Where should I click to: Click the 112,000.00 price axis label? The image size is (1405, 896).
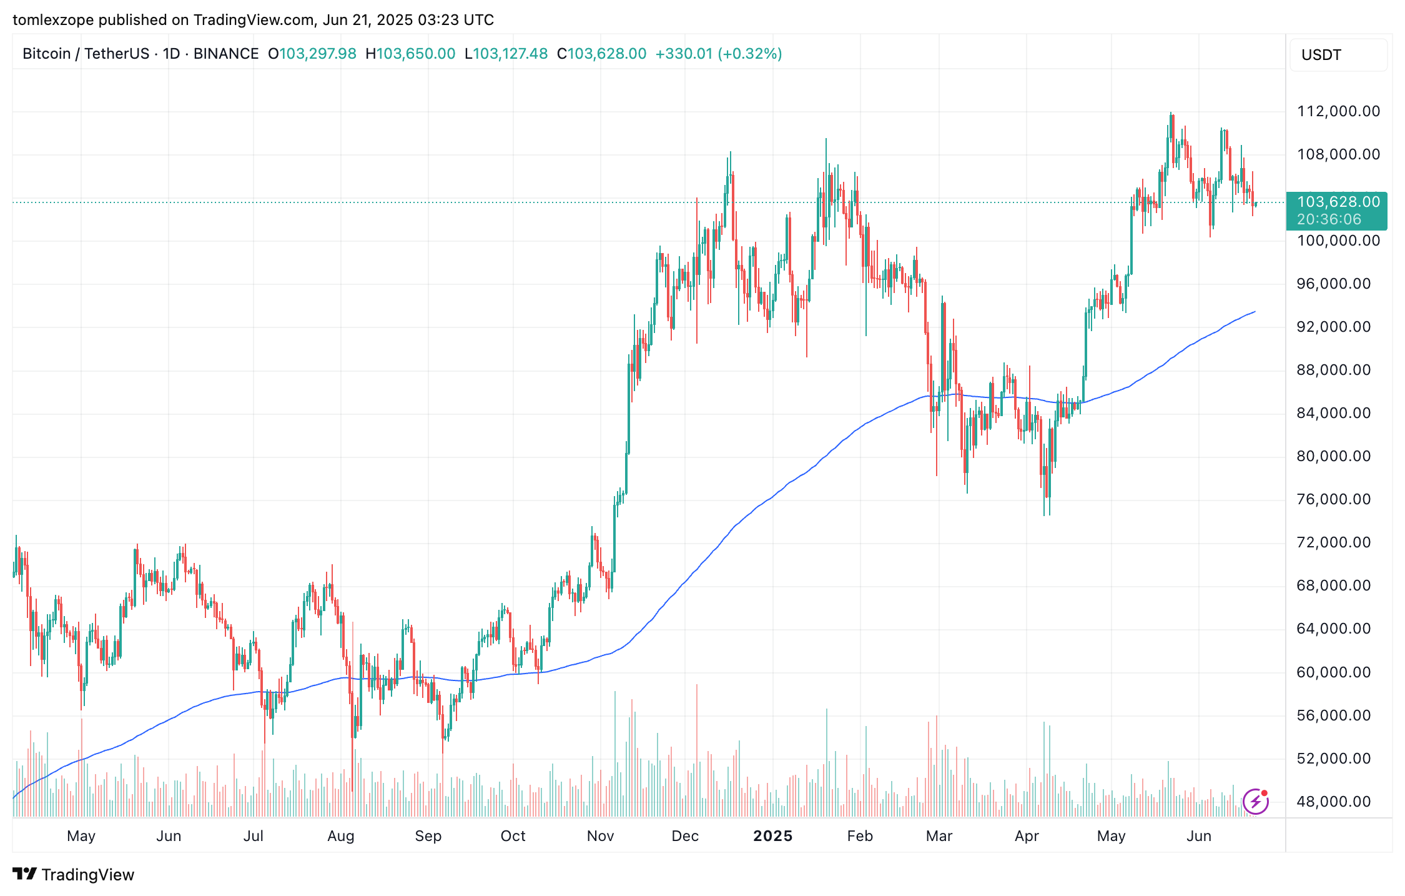(1338, 111)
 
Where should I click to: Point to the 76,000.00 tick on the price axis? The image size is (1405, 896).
(1333, 499)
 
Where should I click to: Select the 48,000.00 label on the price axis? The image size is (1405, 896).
(1333, 802)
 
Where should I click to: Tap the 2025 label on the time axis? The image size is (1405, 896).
(772, 836)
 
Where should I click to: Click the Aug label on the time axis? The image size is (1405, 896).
(340, 836)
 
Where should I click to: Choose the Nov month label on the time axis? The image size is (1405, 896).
(600, 836)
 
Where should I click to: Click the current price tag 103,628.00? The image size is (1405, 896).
(1338, 202)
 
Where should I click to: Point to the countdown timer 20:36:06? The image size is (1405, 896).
(1328, 219)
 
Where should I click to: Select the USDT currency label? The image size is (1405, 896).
(1321, 55)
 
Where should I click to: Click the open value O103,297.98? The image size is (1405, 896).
(312, 54)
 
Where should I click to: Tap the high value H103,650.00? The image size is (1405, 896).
(410, 54)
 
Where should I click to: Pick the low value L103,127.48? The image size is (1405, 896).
(506, 54)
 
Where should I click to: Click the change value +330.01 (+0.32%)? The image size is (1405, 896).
(718, 54)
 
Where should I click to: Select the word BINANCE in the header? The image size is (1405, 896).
(226, 54)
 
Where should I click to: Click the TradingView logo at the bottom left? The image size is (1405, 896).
(73, 874)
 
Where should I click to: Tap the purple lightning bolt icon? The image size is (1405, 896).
(1255, 802)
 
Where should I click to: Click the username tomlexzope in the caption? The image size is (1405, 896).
(52, 20)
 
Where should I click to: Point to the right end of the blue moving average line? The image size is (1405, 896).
(1255, 311)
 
